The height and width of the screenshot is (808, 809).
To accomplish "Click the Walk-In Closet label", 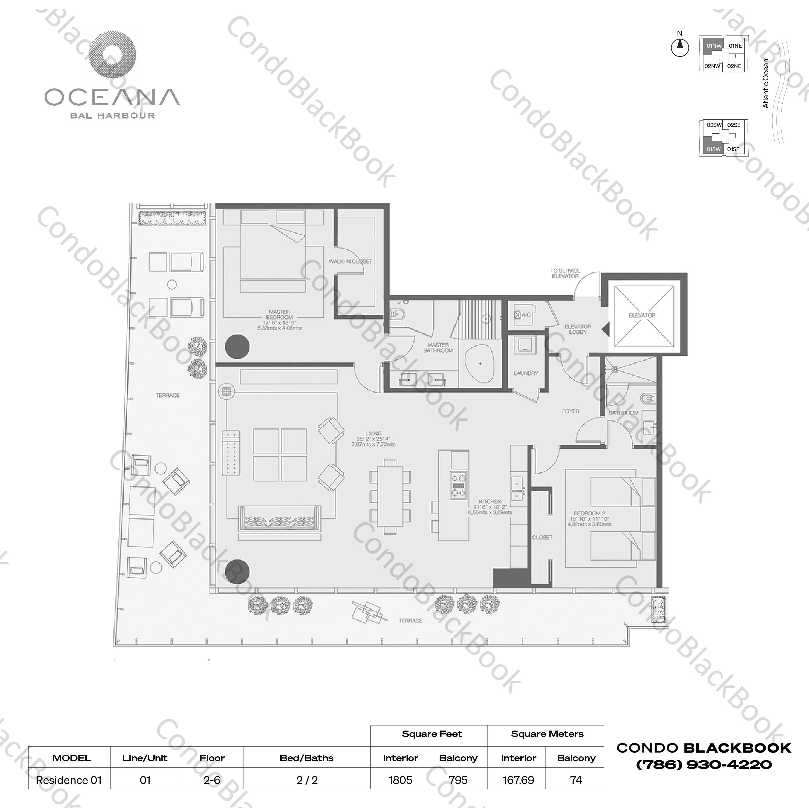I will pos(350,261).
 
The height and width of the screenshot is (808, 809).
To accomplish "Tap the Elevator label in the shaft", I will pos(642,315).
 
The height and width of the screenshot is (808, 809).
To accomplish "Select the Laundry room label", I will pos(526,373).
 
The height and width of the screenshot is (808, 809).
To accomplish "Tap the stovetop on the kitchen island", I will pos(458,485).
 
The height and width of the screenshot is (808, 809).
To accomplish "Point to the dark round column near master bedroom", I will pos(237,346).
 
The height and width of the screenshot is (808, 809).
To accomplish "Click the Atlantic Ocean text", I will pos(766,83).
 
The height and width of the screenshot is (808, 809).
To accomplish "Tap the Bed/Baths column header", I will pos(306,758).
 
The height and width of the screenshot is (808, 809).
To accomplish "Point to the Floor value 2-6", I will pos(212,780).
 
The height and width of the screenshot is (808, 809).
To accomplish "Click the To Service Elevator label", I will pos(565,273).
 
